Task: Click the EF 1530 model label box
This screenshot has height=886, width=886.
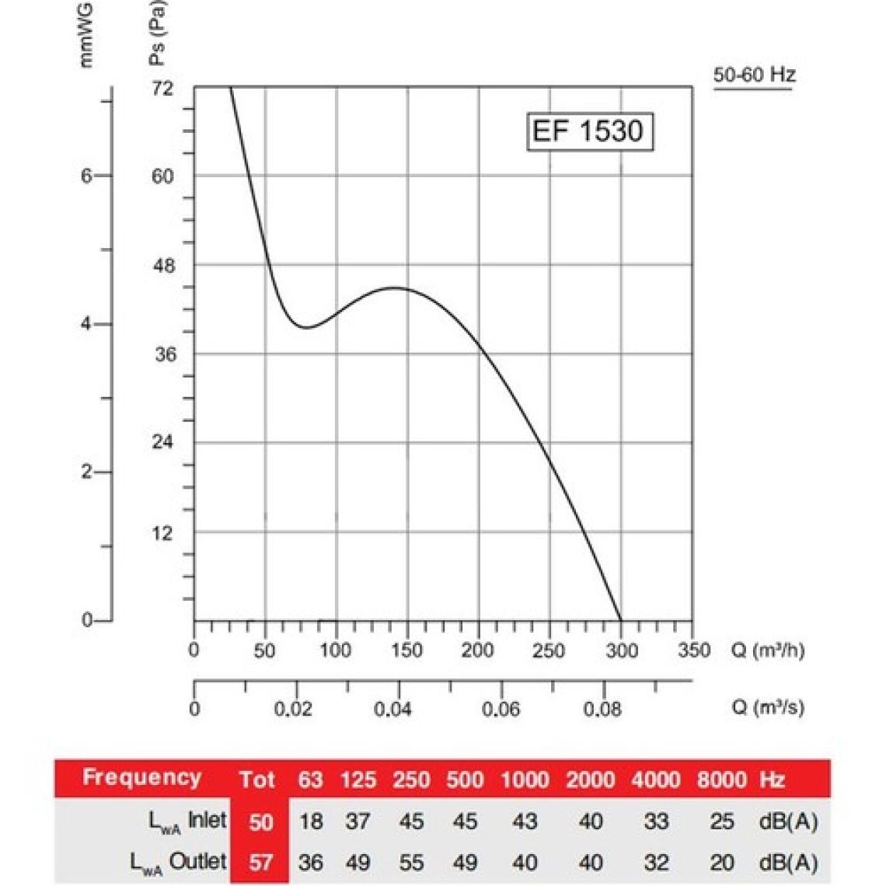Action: pos(588,131)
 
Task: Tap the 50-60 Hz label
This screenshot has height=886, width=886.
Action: pos(754,75)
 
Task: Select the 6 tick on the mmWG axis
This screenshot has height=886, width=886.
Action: pos(86,176)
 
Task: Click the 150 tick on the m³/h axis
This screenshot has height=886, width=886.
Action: pos(406,650)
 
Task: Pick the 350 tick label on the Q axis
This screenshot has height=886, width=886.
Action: pos(693,650)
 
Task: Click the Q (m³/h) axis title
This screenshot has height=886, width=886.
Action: pos(768,650)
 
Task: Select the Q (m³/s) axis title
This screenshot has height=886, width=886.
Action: pos(768,707)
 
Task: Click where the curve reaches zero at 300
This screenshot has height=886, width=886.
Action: pos(621,620)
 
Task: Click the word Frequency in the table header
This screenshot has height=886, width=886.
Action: pos(141,777)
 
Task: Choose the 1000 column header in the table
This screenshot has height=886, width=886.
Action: pos(524,780)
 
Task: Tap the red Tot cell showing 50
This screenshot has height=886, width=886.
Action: pos(260,821)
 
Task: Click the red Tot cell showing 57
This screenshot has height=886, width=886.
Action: pos(260,862)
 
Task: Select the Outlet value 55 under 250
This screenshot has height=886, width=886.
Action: pos(411,862)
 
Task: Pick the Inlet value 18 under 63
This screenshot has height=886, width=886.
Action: pos(311,821)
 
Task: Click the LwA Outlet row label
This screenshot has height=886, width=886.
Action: pos(178,862)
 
